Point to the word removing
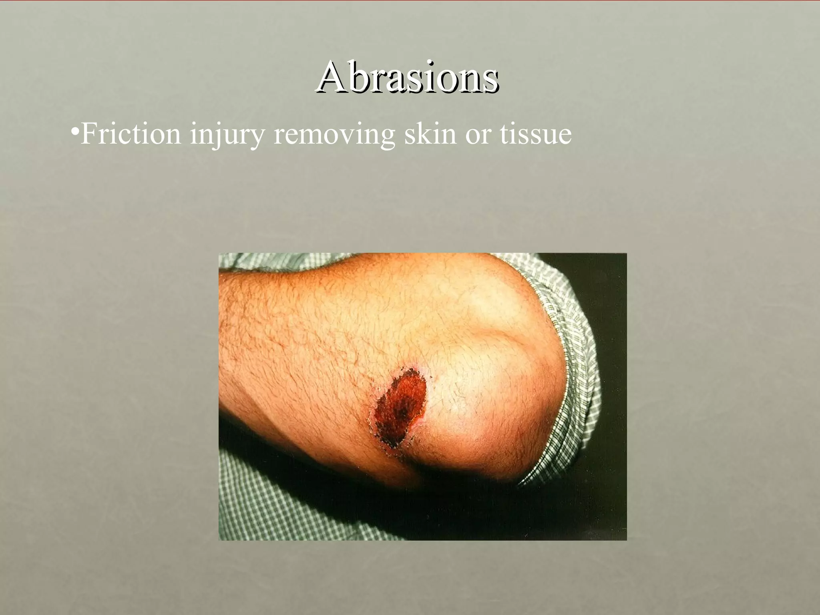334,135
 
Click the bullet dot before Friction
74,132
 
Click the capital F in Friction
88,134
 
